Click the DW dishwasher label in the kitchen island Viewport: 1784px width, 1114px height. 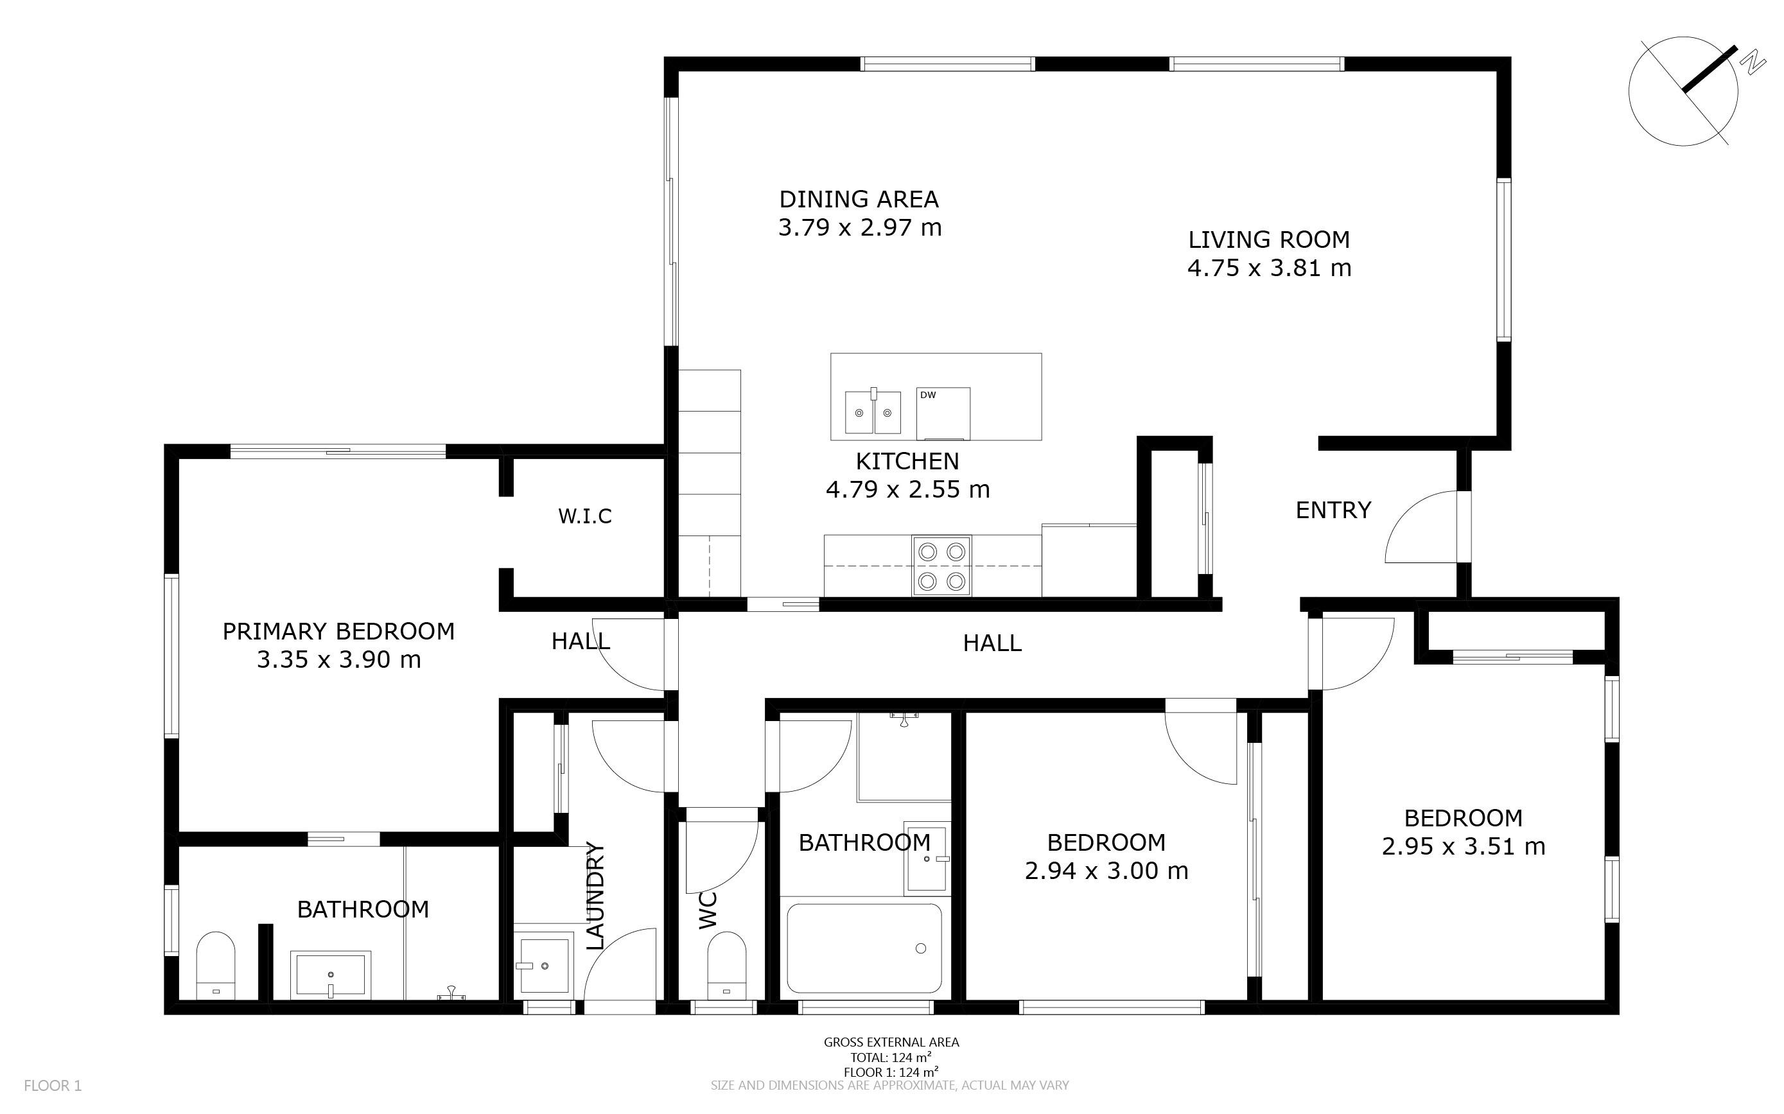click(928, 395)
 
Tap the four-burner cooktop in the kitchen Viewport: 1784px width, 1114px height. click(941, 566)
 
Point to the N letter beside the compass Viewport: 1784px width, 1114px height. click(1753, 63)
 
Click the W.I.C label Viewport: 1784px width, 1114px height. click(585, 516)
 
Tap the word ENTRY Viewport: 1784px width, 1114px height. click(1333, 510)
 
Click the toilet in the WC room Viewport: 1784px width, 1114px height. click(726, 965)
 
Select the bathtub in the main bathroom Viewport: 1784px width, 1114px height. click(864, 948)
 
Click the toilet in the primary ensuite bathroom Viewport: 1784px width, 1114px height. click(215, 965)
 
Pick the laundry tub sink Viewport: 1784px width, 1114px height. click(544, 964)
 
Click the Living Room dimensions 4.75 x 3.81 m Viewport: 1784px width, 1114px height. click(1269, 268)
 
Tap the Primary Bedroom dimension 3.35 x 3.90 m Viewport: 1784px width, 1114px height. click(339, 659)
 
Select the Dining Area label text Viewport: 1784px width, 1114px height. click(859, 199)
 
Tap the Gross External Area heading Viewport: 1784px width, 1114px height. click(891, 1042)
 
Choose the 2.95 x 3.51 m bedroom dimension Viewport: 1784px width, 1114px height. click(1464, 846)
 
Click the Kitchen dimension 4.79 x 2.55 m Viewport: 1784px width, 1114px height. click(908, 489)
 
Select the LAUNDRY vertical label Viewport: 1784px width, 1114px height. click(595, 896)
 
